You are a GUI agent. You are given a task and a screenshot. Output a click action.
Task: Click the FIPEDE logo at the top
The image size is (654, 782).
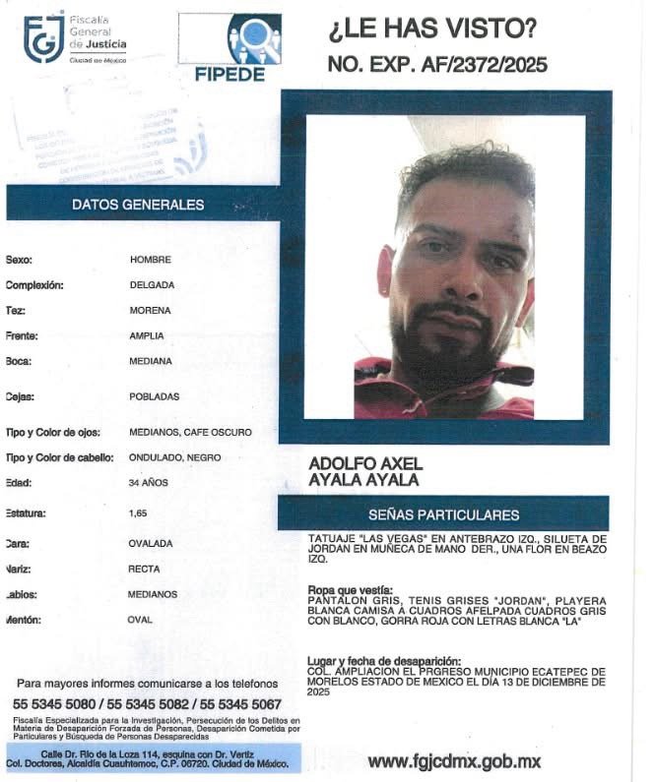(229, 47)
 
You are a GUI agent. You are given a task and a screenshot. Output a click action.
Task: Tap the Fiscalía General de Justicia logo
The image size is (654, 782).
(75, 38)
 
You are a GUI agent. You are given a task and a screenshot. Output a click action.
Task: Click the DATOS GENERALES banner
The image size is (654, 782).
(138, 205)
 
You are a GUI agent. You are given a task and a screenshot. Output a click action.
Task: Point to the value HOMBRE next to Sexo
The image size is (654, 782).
(151, 260)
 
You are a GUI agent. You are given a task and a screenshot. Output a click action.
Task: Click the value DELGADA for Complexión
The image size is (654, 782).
(152, 285)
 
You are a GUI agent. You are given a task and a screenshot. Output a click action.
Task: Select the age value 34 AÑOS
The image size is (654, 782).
(148, 483)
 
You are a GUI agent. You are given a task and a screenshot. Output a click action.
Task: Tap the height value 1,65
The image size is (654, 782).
(139, 512)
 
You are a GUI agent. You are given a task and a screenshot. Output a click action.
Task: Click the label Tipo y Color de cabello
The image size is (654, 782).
(60, 457)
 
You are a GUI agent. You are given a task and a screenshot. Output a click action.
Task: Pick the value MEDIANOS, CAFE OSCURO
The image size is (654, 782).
(190, 432)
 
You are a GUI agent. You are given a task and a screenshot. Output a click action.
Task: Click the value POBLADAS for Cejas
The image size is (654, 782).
(154, 396)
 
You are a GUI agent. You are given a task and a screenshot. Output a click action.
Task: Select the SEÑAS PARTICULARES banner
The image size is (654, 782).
(443, 514)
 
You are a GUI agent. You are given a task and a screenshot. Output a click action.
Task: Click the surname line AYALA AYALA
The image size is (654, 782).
(363, 480)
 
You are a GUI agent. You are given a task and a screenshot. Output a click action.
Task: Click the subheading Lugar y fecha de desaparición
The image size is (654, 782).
(384, 659)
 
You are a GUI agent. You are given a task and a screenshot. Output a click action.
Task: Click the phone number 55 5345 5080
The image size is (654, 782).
(54, 704)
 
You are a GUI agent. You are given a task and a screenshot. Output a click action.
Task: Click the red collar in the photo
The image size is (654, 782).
(394, 379)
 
